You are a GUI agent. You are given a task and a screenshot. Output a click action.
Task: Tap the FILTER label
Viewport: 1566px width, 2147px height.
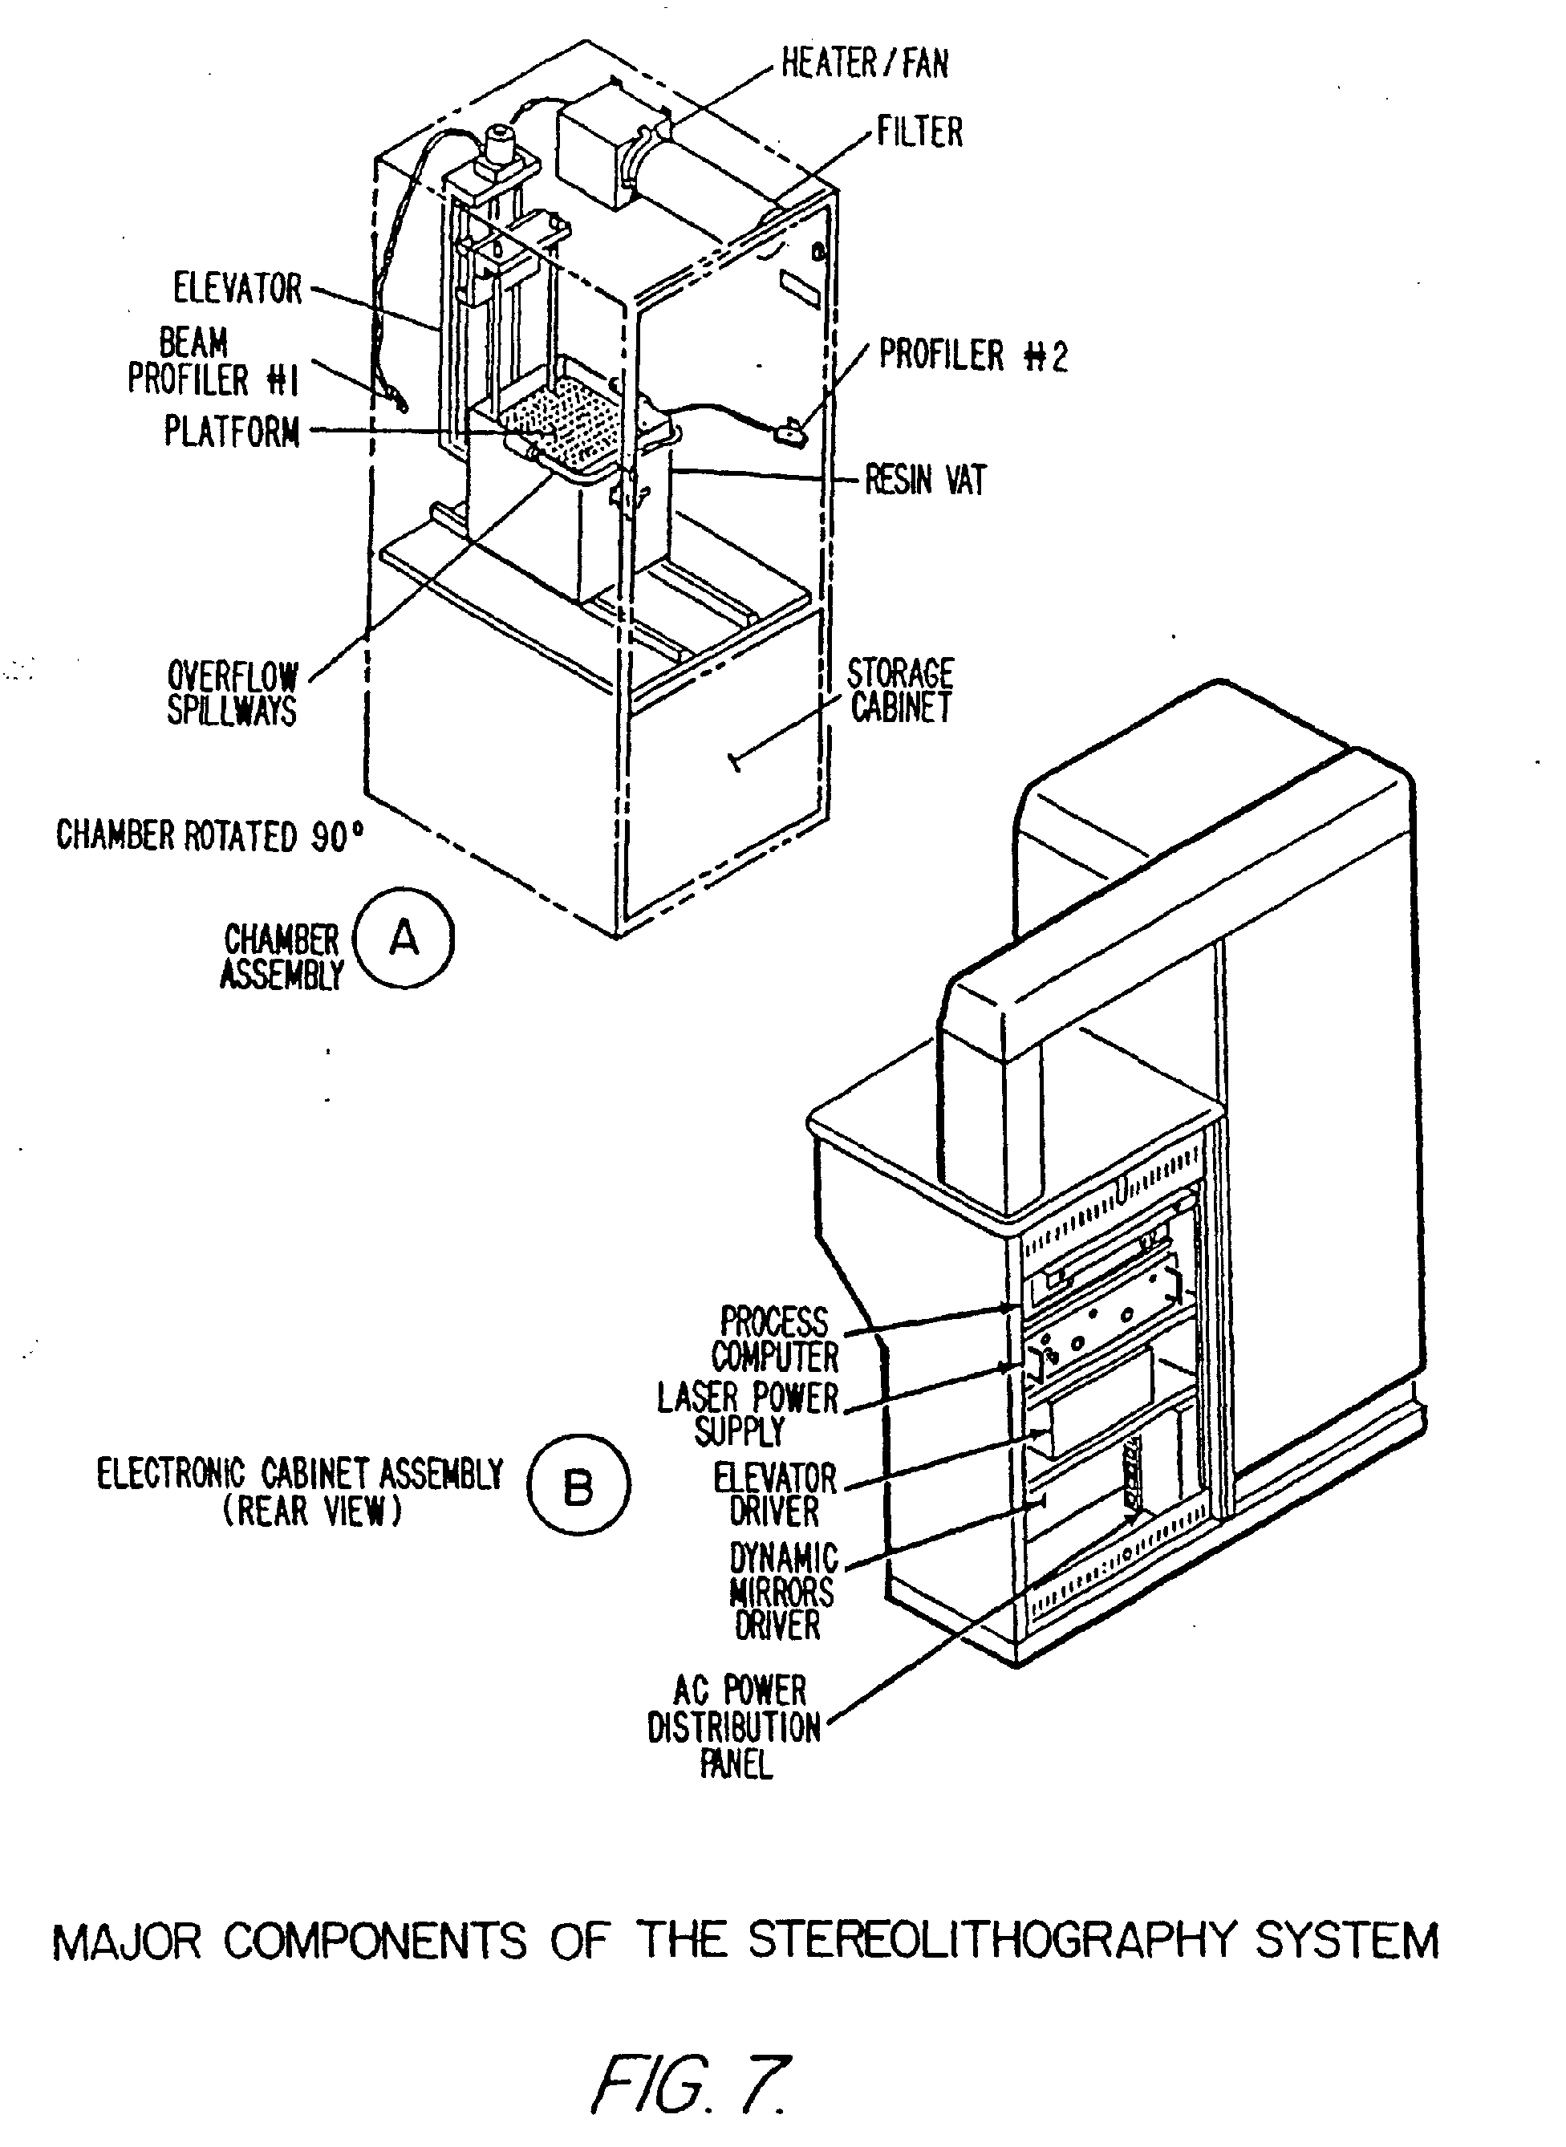919,132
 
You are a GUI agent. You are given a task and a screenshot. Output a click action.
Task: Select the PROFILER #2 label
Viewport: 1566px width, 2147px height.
972,356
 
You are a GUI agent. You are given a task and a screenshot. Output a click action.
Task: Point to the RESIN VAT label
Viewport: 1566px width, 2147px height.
925,481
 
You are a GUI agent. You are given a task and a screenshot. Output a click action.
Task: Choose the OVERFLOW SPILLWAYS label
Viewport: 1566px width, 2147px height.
232,693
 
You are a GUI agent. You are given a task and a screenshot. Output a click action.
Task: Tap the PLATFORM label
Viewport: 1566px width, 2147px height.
232,432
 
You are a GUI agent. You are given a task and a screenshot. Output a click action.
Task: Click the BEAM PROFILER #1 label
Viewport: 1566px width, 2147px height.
213,362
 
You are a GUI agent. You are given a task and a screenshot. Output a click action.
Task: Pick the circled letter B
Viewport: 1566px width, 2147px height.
578,1487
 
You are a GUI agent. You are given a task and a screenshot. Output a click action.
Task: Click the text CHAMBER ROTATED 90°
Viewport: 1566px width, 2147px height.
209,836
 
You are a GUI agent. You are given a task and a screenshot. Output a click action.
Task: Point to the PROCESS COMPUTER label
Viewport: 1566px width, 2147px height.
774,1339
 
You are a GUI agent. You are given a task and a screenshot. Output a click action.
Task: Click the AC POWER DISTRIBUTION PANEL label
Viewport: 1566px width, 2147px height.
735,1726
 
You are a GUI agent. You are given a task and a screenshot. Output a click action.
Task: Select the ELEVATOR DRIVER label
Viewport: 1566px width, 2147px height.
774,1495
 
